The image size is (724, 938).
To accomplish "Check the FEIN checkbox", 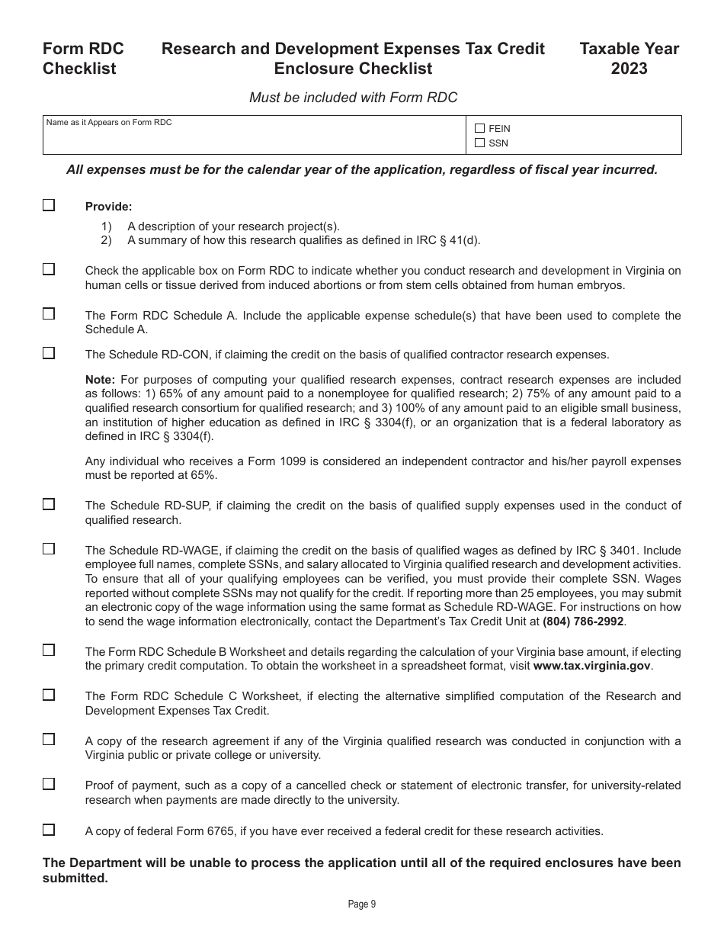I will click(x=479, y=129).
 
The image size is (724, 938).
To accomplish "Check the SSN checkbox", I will click(x=479, y=143).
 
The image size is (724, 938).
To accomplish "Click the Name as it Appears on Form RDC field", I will click(x=254, y=139).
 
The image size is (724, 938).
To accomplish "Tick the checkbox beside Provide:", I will click(x=49, y=205).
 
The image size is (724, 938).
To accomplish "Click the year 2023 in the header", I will click(x=629, y=69).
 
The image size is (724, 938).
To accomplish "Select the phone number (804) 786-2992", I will click(x=583, y=622).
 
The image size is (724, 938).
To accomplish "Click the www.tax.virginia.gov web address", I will click(x=591, y=666).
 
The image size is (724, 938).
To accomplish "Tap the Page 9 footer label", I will click(x=362, y=904).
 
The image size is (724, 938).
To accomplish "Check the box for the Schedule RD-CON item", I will click(x=49, y=353).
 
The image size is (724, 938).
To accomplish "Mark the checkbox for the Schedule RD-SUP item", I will click(x=49, y=504).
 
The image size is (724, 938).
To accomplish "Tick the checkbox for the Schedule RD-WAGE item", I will click(x=49, y=549).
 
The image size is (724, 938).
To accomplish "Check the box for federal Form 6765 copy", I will click(x=49, y=830).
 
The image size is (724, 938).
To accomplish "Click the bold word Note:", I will click(x=100, y=380).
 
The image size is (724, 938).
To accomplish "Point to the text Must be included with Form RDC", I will click(x=354, y=98).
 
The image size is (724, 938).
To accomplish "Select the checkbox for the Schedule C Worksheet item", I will click(x=49, y=695).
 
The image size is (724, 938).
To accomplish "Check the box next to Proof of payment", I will click(x=49, y=784).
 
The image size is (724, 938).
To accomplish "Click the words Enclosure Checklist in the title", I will click(x=353, y=69).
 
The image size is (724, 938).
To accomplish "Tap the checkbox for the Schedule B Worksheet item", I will click(x=49, y=650).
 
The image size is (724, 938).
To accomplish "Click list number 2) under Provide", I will click(x=106, y=240).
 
